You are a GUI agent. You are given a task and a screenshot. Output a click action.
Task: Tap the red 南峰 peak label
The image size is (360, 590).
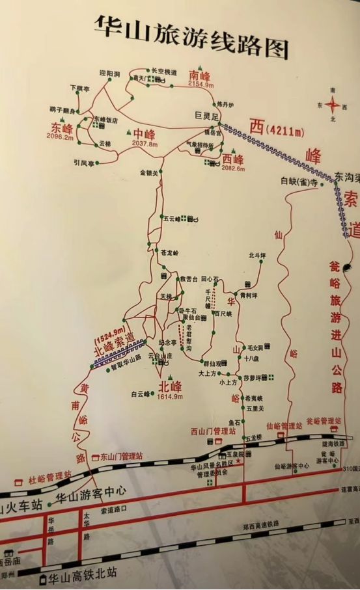[200, 74]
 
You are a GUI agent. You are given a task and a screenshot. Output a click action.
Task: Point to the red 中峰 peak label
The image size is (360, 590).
[145, 135]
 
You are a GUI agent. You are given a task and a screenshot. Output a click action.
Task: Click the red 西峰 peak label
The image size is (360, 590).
[232, 159]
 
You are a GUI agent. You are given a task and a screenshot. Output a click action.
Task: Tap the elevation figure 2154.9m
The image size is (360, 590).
[201, 84]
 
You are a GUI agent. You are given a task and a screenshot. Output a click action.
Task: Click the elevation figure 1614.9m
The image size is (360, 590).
[170, 397]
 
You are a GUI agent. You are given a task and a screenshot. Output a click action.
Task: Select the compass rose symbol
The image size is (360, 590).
[333, 104]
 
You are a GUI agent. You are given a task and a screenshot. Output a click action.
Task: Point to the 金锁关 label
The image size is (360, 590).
[149, 173]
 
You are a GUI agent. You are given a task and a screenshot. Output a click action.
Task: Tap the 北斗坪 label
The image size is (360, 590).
[258, 256]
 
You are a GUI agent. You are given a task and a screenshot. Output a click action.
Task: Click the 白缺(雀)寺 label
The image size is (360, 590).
[298, 183]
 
